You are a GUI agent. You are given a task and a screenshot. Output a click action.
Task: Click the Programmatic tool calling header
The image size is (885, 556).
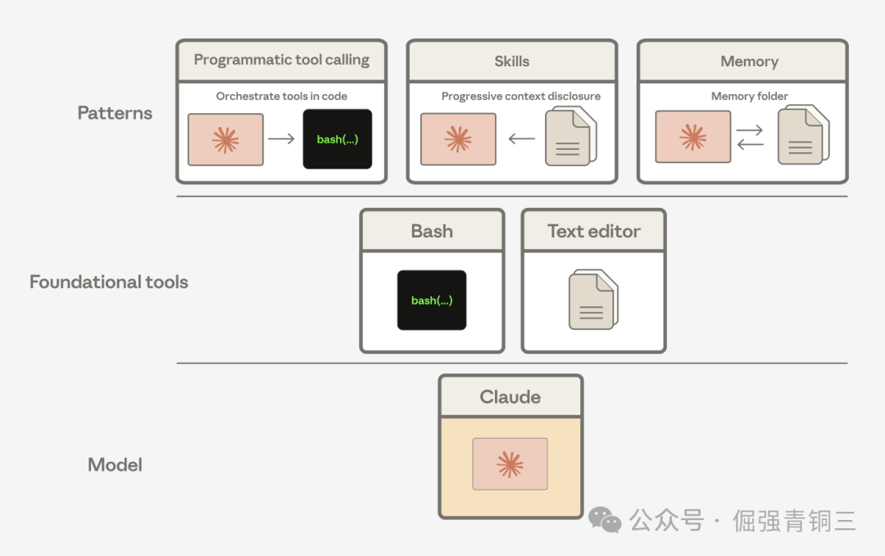pos(281,61)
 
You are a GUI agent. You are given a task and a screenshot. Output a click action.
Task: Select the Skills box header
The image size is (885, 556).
pos(511,61)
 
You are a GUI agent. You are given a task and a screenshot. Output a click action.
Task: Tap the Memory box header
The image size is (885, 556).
pos(749,61)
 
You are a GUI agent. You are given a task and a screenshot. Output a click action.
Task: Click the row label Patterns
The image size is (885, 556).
pos(115,113)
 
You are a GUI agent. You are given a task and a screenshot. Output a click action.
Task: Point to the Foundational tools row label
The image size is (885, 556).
pos(109,282)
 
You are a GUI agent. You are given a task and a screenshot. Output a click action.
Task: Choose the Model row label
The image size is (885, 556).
pos(115,465)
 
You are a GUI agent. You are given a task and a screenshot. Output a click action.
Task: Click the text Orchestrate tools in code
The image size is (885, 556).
pos(281,96)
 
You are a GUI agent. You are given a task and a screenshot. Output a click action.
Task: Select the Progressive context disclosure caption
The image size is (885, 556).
pos(520,96)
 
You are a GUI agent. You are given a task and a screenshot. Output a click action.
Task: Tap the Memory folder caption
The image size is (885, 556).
pos(749,96)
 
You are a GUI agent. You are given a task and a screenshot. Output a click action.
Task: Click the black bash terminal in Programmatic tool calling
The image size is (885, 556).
pos(338,139)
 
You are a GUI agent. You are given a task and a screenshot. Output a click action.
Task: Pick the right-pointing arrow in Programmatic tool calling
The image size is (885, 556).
pos(281,139)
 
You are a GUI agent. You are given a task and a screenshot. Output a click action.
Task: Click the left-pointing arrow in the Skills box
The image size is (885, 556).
pos(522,139)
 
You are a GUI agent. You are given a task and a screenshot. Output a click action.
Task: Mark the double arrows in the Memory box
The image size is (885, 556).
pos(749,138)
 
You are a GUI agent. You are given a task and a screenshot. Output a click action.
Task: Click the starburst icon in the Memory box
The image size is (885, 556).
pos(692,137)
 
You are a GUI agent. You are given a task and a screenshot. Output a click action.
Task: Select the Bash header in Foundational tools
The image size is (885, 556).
pos(432,231)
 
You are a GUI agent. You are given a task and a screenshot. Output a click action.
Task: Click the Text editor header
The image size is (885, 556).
pos(593,231)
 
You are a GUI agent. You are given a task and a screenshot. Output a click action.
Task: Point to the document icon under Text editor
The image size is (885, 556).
pos(592,300)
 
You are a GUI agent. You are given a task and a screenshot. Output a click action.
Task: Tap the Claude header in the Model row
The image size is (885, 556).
pos(510,397)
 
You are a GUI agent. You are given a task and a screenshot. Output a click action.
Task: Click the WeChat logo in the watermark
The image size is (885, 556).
pos(606,520)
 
